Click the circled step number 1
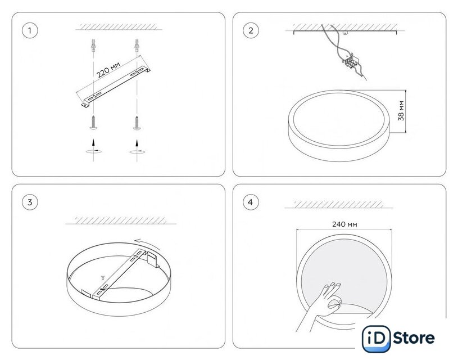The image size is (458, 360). click(30, 30)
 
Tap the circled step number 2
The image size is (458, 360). click(251, 30)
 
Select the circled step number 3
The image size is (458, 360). click(30, 202)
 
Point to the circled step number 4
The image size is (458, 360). click(251, 202)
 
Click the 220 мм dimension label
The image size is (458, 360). click(108, 70)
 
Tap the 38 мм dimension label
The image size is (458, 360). click(401, 111)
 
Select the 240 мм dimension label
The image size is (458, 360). click(344, 224)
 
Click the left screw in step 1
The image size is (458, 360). click(93, 122)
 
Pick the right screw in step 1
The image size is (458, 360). click(137, 123)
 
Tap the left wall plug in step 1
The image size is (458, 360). click(93, 46)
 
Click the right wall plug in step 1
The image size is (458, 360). click(137, 46)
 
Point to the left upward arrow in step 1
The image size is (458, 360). click(93, 142)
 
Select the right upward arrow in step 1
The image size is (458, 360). click(137, 143)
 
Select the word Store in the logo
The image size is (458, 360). click(414, 338)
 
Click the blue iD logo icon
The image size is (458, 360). click(376, 339)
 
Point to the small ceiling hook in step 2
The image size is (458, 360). click(346, 33)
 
